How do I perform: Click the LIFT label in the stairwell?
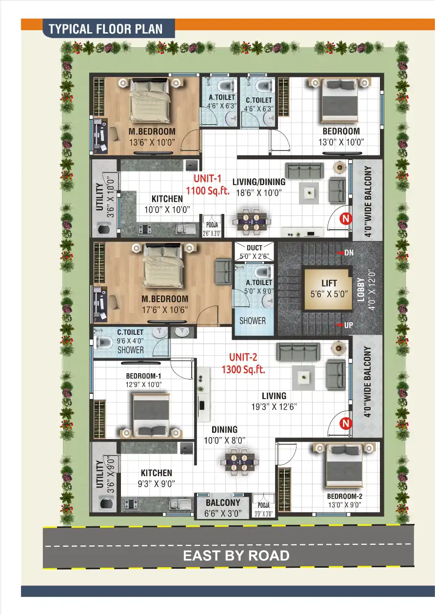[x=329, y=283]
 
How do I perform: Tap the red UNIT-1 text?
[x=207, y=178]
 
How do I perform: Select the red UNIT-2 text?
[x=243, y=357]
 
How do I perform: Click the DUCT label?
[x=255, y=248]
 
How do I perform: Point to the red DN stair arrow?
[x=340, y=252]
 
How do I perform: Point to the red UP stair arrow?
[x=339, y=325]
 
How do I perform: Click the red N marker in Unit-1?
[x=346, y=218]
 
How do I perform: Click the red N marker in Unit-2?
[x=346, y=423]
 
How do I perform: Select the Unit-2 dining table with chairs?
[x=239, y=462]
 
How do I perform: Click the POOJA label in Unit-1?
[x=212, y=225]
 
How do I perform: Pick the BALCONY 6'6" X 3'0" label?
[x=223, y=508]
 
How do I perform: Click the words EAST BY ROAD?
[x=236, y=556]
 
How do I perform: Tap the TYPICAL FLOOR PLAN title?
[x=105, y=29]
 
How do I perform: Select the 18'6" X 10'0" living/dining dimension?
[x=259, y=193]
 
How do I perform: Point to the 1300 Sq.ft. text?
[x=243, y=369]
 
